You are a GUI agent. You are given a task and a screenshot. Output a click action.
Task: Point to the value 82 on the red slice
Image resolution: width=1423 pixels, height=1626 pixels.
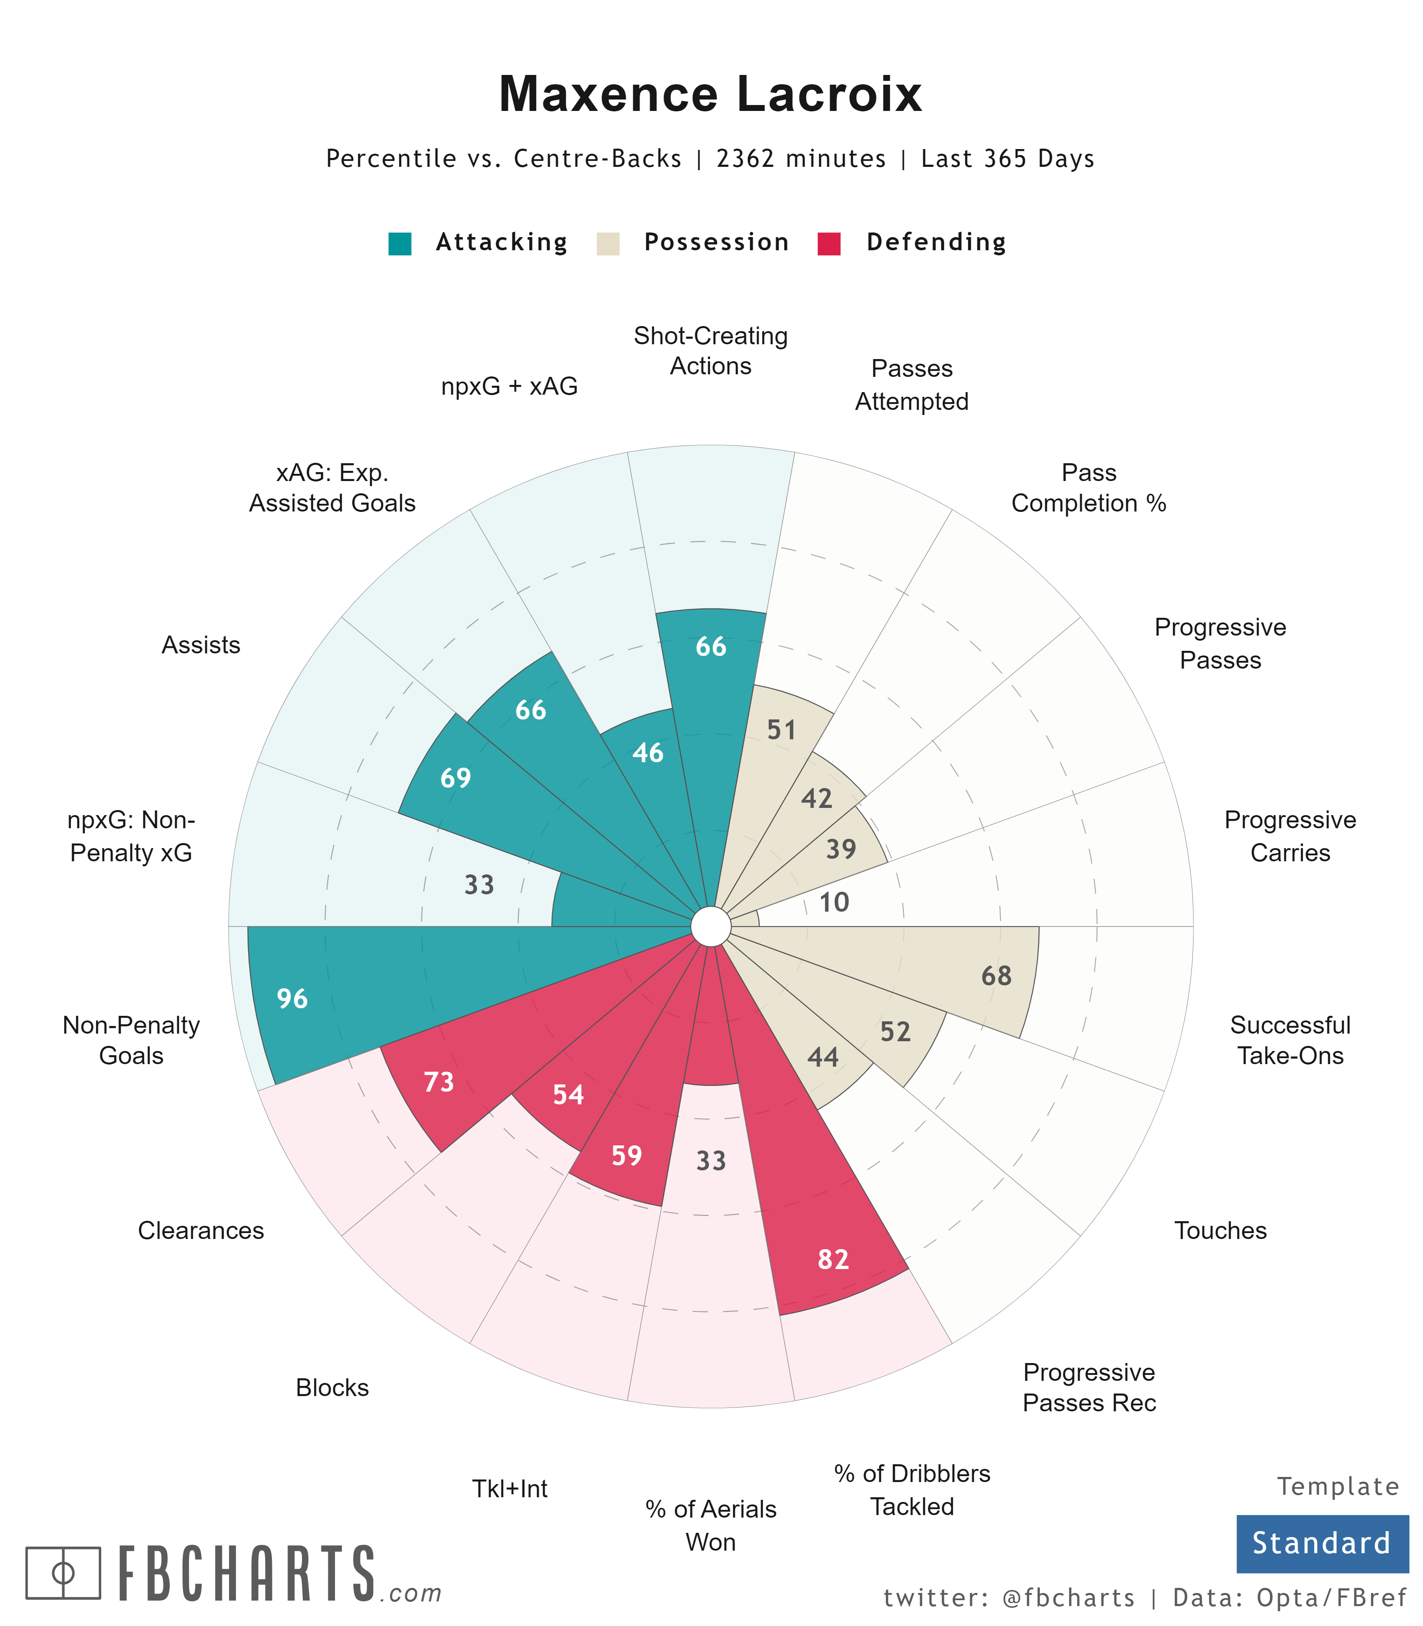[x=833, y=1259]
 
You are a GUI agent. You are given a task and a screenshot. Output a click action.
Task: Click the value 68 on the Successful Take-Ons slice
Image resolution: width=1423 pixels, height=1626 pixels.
[x=997, y=976]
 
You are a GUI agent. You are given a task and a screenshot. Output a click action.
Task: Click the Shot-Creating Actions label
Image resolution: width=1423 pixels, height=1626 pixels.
[x=711, y=351]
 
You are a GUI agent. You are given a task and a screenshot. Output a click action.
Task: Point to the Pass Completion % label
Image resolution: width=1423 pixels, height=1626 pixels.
[x=1089, y=487]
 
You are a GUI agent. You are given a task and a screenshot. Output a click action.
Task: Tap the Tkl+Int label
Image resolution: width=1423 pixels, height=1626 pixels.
[x=510, y=1489]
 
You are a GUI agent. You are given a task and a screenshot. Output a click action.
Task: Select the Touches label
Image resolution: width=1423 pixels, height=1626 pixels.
[x=1221, y=1231]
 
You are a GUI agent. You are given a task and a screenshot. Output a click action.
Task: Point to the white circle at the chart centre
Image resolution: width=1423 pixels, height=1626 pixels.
[x=711, y=926]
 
